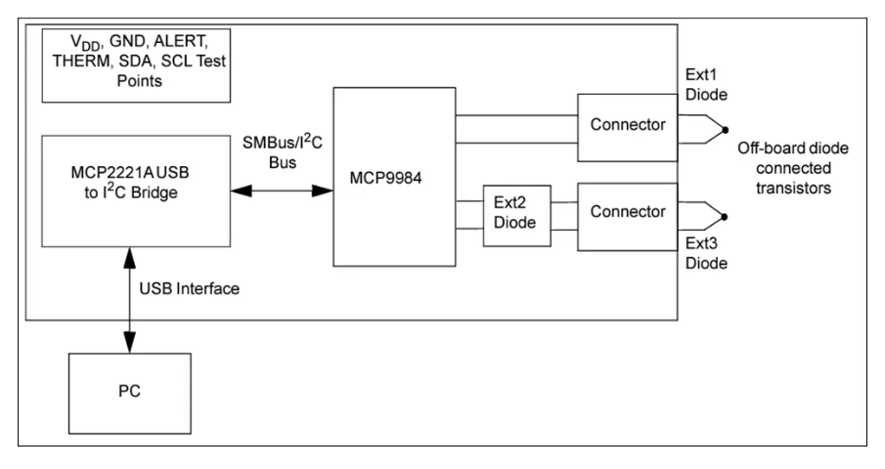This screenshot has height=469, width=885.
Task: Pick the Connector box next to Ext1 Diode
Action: point(628,126)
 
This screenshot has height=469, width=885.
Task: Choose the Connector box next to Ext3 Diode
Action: point(628,211)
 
